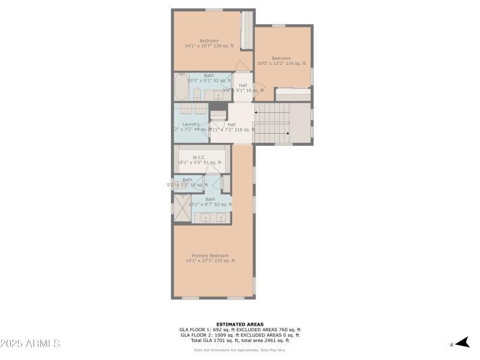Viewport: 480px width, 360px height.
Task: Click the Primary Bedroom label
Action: [209, 256]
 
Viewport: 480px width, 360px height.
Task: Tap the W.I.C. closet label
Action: [199, 157]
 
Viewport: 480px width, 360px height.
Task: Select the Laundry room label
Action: [191, 124]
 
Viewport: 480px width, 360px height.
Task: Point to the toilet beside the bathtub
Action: [196, 93]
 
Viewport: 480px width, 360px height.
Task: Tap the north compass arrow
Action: [461, 343]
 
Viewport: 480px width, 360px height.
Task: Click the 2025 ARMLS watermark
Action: [30, 344]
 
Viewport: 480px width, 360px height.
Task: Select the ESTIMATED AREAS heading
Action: [239, 324]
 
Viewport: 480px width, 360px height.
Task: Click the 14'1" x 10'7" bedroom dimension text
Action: [209, 46]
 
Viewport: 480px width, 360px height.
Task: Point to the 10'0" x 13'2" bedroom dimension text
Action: [281, 63]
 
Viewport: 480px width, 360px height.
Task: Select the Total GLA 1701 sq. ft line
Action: [239, 340]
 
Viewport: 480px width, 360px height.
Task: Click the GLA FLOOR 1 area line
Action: [239, 329]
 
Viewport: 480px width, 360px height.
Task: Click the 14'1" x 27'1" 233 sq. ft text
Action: [209, 261]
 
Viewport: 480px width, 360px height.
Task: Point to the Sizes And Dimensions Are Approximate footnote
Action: [239, 350]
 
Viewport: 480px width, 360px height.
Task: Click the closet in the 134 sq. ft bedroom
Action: [246, 30]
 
